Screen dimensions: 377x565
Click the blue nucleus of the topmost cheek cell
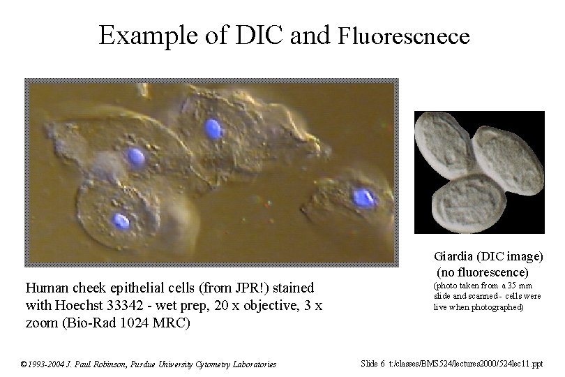pyautogui.click(x=213, y=128)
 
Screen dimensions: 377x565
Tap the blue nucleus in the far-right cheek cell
pyautogui.click(x=363, y=198)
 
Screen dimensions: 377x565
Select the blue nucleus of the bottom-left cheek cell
pyautogui.click(x=121, y=221)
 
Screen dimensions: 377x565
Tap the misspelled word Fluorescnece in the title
pyautogui.click(x=404, y=36)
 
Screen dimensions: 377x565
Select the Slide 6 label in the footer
pyautogui.click(x=372, y=363)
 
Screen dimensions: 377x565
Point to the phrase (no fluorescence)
pyautogui.click(x=483, y=272)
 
